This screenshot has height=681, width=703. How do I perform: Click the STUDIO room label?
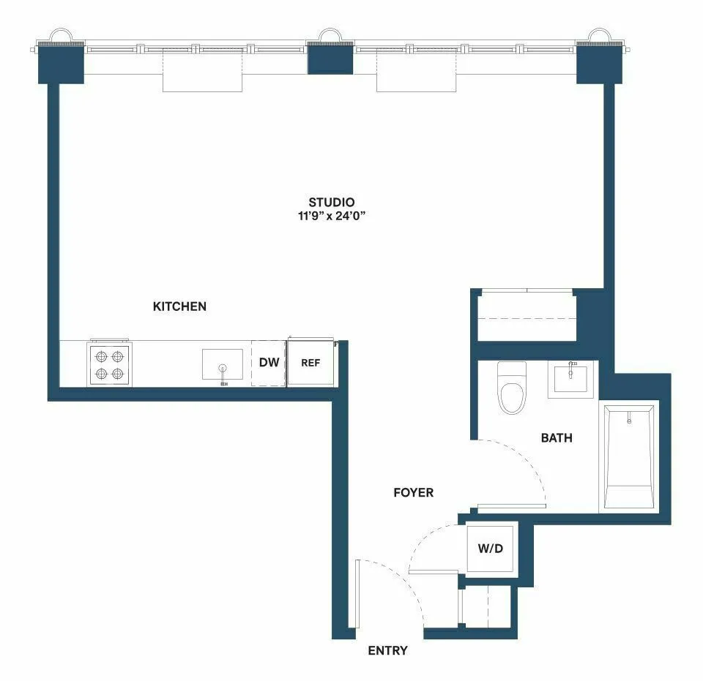tap(331, 202)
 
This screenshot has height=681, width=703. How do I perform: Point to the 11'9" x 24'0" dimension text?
tap(331, 216)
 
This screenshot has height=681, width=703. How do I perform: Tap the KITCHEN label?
tap(179, 306)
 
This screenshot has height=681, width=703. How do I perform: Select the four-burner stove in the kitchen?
tap(110, 364)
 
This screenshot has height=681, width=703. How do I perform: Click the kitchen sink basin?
tap(223, 364)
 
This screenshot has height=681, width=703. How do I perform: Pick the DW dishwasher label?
tap(269, 362)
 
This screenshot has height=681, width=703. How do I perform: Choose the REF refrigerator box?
tap(310, 363)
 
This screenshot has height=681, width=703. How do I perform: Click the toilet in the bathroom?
tap(511, 388)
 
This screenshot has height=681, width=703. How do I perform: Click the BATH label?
tap(557, 438)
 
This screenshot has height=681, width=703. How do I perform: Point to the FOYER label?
tap(413, 492)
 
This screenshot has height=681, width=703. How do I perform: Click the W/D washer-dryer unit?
tap(491, 548)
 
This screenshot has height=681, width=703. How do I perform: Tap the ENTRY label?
tap(387, 650)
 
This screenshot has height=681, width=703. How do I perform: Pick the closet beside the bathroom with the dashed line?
tap(525, 316)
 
